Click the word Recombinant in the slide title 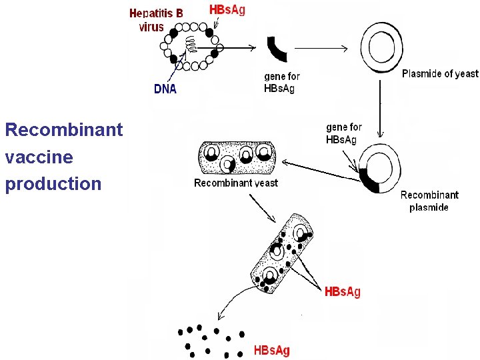(63, 129)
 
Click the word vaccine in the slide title (39, 157)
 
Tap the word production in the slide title (53, 184)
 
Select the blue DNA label (165, 89)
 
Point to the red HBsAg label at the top (227, 10)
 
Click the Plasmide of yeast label (440, 74)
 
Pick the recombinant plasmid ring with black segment (379, 169)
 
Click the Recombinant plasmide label (429, 201)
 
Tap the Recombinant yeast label (236, 183)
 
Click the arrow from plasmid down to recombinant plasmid (380, 110)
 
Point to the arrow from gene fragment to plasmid (320, 48)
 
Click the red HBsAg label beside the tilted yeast (342, 292)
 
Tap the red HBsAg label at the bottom (271, 350)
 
